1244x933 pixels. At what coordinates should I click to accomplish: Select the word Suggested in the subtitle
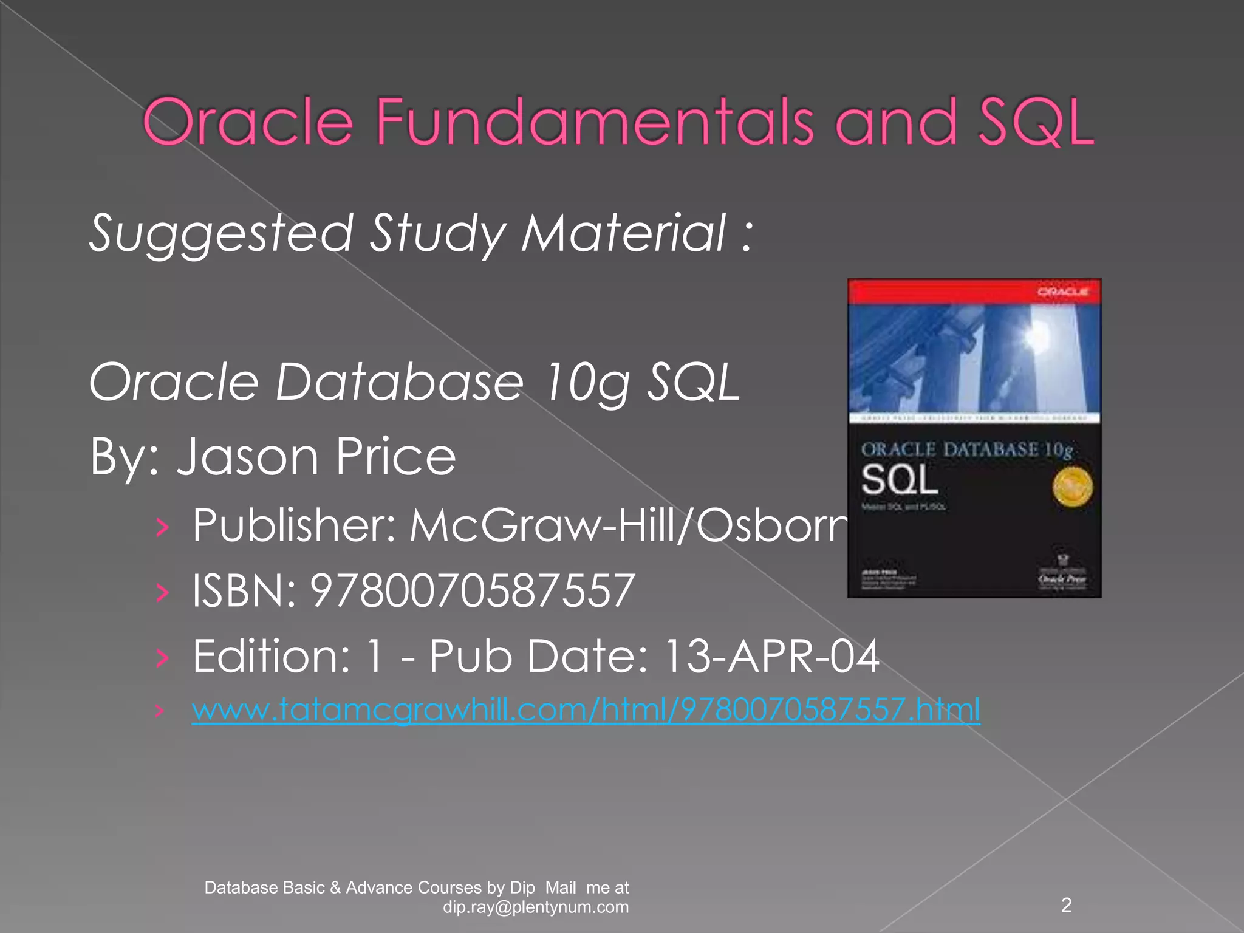coord(221,234)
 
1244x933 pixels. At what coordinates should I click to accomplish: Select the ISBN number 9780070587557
coord(473,591)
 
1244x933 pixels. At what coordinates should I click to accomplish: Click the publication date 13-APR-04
coord(771,657)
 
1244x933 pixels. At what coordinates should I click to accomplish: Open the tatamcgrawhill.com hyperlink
coord(586,709)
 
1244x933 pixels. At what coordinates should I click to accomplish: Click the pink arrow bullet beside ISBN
coord(162,592)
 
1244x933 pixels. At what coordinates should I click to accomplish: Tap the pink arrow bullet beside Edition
coord(162,658)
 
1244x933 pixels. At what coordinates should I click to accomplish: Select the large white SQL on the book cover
coord(900,480)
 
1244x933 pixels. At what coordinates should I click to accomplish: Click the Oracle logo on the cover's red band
coord(1062,292)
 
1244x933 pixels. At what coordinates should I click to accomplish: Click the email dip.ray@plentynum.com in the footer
coord(536,907)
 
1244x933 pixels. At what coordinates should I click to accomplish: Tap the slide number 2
coord(1066,905)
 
